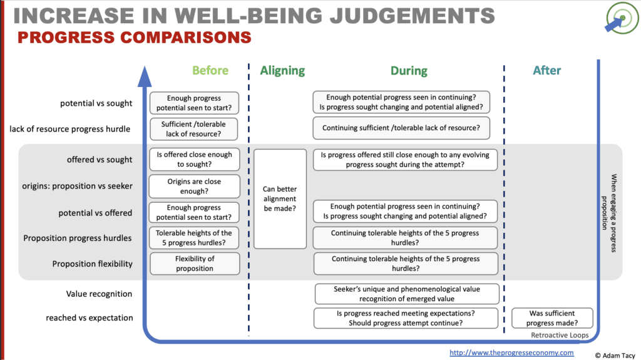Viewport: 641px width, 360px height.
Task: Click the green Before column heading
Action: coord(210,71)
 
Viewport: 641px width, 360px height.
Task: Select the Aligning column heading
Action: coord(282,71)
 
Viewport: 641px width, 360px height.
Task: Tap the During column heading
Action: coord(409,71)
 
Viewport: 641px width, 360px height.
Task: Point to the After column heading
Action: coord(546,71)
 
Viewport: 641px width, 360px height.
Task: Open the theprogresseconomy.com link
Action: coord(511,352)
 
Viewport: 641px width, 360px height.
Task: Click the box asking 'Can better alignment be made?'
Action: coord(280,198)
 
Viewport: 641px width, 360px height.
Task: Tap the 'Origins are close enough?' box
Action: coord(194,187)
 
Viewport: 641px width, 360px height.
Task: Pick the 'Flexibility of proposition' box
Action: coord(194,264)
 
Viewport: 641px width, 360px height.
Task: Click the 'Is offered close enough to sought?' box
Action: coord(194,160)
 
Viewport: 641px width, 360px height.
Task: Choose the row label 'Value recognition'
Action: coord(99,294)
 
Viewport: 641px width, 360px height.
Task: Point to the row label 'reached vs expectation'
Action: coord(89,317)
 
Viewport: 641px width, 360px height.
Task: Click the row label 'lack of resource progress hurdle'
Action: coord(70,129)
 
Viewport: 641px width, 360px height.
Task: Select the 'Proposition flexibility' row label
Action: coord(92,264)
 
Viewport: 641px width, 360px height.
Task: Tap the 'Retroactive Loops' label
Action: coord(559,336)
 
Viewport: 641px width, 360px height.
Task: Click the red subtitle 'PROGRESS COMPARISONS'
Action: coord(134,38)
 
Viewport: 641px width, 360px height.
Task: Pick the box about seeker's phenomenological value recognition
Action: coord(406,294)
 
